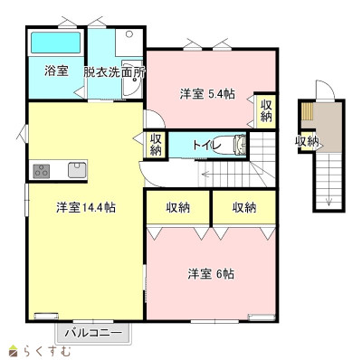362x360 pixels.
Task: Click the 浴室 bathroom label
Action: pos(56,71)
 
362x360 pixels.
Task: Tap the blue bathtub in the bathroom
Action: pos(56,43)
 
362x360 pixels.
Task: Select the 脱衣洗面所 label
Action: pos(114,72)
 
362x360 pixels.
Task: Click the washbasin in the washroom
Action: pos(132,78)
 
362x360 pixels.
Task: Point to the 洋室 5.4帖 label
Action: pos(207,94)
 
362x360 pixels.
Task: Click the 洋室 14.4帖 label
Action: pos(86,207)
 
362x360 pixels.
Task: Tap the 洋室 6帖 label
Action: pos(211,274)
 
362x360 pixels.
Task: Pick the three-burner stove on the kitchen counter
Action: pos(42,171)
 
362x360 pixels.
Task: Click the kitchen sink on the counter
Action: pos(77,170)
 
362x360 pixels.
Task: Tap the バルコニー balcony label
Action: pos(94,333)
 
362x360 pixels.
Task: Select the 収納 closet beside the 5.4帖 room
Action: pos(266,110)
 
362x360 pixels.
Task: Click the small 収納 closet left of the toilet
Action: pos(156,144)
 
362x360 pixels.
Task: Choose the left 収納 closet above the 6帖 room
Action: pos(178,207)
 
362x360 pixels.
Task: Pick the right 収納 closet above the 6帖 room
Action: pos(244,207)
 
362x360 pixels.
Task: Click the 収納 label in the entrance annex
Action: pos(307,141)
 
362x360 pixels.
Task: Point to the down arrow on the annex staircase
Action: pos(329,202)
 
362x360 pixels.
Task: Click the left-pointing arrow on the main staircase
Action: pos(206,174)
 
